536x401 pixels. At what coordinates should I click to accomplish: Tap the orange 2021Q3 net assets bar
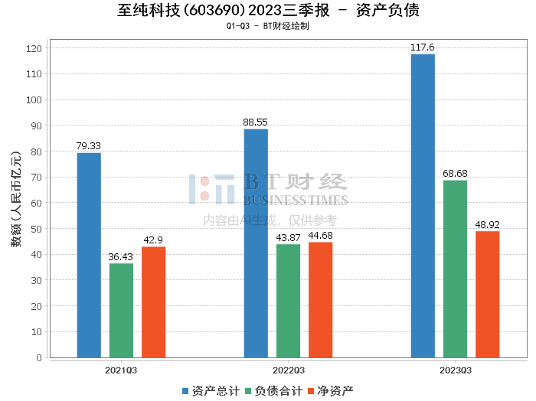pos(153,302)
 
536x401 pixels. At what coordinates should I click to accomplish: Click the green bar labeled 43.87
pos(288,301)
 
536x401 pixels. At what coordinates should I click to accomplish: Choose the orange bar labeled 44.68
pos(320,299)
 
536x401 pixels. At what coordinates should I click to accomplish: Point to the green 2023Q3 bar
pos(455,269)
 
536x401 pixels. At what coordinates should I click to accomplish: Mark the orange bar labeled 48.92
pos(487,294)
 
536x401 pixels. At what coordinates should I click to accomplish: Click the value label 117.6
pos(422,47)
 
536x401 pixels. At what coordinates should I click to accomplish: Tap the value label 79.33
pos(89,145)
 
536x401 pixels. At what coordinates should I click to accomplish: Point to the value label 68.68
pos(455,173)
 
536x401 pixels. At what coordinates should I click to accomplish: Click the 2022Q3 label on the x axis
pos(288,370)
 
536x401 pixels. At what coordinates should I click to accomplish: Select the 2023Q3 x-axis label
pos(455,370)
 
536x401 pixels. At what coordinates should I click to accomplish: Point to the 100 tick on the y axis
pos(34,99)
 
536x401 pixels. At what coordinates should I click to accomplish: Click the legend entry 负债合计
pos(273,391)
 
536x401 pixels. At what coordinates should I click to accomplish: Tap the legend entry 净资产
pos(331,391)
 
